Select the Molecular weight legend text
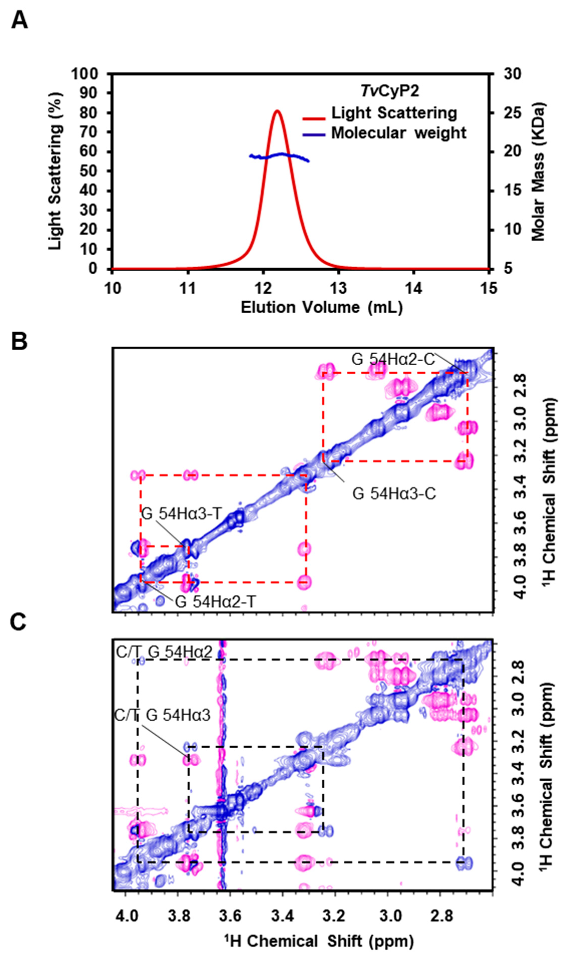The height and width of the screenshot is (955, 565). (x=398, y=133)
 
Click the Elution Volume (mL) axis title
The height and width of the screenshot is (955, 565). (x=321, y=307)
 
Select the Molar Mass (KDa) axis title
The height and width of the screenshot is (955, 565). (x=539, y=171)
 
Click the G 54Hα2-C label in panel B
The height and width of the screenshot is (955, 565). (x=393, y=360)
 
